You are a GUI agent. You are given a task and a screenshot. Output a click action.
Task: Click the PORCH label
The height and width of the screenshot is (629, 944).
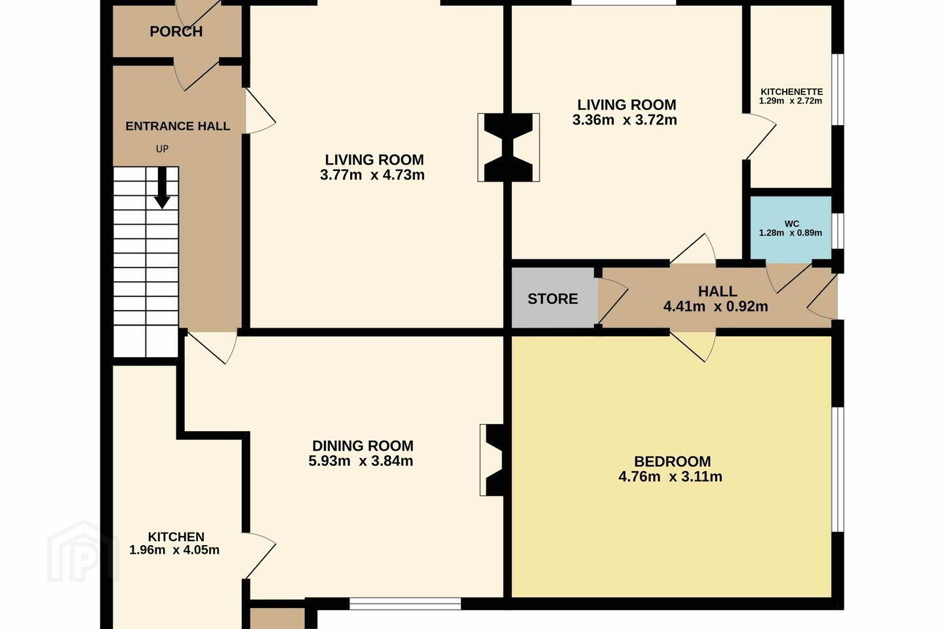pos(176,31)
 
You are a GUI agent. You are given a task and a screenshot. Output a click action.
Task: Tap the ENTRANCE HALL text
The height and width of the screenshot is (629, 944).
pos(178,126)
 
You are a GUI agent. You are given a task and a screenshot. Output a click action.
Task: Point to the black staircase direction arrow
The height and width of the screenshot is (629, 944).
pos(162,188)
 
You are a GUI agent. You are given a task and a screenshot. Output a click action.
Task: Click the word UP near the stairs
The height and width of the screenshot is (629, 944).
pos(163,149)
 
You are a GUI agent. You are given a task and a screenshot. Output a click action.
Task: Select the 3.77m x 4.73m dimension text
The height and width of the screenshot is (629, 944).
pos(372,175)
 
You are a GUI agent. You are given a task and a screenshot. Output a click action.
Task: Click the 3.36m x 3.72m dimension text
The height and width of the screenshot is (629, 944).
pos(625,120)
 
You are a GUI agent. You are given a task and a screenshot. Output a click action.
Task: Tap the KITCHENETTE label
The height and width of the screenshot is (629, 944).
pos(791,92)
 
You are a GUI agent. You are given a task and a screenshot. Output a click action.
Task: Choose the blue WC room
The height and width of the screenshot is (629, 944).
pos(791,227)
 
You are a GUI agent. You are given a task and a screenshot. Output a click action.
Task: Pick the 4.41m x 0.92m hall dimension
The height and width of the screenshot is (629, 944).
pos(716,306)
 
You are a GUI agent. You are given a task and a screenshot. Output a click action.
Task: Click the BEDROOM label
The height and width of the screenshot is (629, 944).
pos(672,461)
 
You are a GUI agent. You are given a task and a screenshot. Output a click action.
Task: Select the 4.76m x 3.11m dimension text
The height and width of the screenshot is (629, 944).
pos(670,476)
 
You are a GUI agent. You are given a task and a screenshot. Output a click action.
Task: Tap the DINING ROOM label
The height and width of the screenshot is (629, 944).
pos(363,446)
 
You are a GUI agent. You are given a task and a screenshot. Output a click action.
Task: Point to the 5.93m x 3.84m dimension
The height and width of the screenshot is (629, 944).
pos(361,461)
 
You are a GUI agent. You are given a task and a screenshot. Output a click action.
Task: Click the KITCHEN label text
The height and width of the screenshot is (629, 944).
pos(176,537)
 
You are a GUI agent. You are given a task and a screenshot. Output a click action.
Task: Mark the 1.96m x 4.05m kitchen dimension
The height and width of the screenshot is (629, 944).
pos(174,550)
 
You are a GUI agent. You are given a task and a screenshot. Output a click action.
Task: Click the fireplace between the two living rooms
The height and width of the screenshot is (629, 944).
pos(508,147)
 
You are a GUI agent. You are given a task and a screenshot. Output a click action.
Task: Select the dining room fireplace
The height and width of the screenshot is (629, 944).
pos(492,460)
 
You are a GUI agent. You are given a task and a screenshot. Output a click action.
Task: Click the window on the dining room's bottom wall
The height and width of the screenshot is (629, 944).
pos(405,604)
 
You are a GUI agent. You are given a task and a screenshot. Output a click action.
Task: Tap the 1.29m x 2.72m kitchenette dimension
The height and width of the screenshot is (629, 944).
pos(791,101)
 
